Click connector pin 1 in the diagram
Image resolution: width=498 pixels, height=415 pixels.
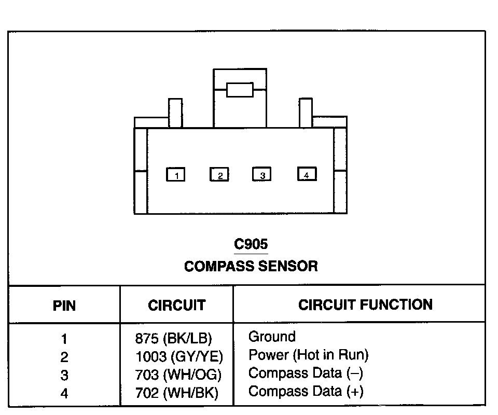[x=175, y=175]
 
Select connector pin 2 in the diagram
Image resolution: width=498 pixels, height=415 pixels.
[x=219, y=175]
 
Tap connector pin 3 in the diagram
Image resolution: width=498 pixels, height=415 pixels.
[x=261, y=175]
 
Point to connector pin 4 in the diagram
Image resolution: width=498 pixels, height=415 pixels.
[x=307, y=174]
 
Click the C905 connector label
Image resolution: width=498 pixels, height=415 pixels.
[x=251, y=243]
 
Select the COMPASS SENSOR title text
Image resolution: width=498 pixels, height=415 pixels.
[x=251, y=266]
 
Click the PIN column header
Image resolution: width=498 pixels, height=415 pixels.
[x=64, y=306]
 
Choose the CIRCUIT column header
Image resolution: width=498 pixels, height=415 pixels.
[x=176, y=305]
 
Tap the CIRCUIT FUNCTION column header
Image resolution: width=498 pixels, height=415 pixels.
[x=365, y=305]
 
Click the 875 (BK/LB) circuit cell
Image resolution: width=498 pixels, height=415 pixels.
[x=173, y=339]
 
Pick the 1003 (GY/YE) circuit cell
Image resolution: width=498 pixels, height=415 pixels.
[x=178, y=357]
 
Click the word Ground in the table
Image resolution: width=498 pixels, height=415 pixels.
[x=272, y=337]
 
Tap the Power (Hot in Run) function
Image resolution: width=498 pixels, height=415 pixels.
[x=309, y=355]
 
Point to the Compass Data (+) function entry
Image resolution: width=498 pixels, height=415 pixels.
[x=306, y=391]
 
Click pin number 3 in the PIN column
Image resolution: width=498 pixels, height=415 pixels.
[x=64, y=375]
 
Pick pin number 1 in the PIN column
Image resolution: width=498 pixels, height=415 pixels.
[x=64, y=339]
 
